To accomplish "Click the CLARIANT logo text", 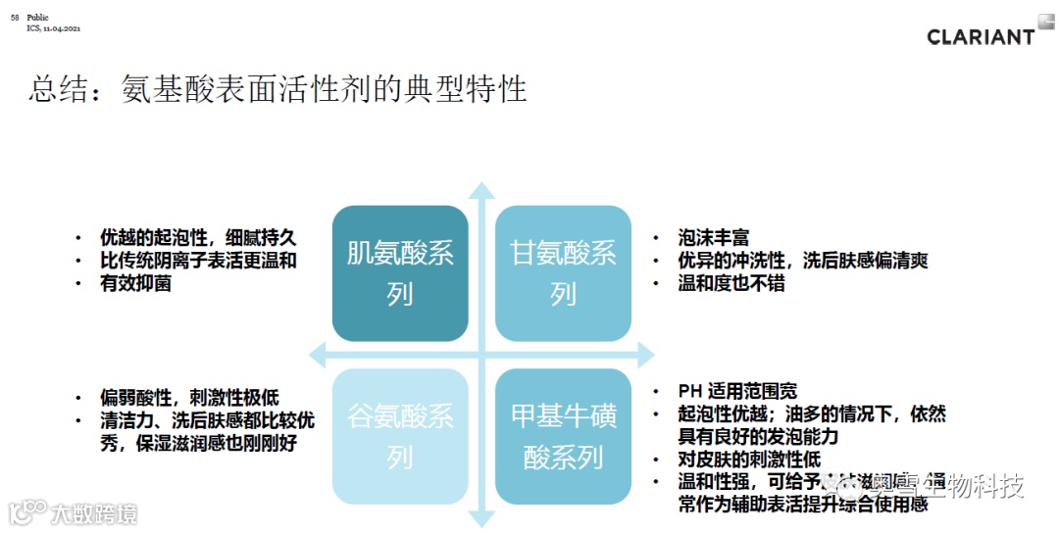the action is pyautogui.click(x=980, y=36).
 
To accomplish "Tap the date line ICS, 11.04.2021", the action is pyautogui.click(x=54, y=28).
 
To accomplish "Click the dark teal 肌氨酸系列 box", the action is pyautogui.click(x=400, y=273).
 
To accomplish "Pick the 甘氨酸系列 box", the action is pyautogui.click(x=563, y=273).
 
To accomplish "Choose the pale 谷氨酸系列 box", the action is pyautogui.click(x=400, y=436).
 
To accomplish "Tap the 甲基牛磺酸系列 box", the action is pyautogui.click(x=563, y=436).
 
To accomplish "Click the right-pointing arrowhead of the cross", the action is pyautogui.click(x=644, y=354).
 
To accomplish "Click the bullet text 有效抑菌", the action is pyautogui.click(x=135, y=284).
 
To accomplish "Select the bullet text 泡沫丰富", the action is pyautogui.click(x=713, y=238).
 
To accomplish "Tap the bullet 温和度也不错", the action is pyautogui.click(x=731, y=284).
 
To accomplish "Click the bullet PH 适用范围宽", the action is pyautogui.click(x=737, y=391).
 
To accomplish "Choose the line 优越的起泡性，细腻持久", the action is pyautogui.click(x=197, y=238).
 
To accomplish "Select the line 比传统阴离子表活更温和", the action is pyautogui.click(x=197, y=261).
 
